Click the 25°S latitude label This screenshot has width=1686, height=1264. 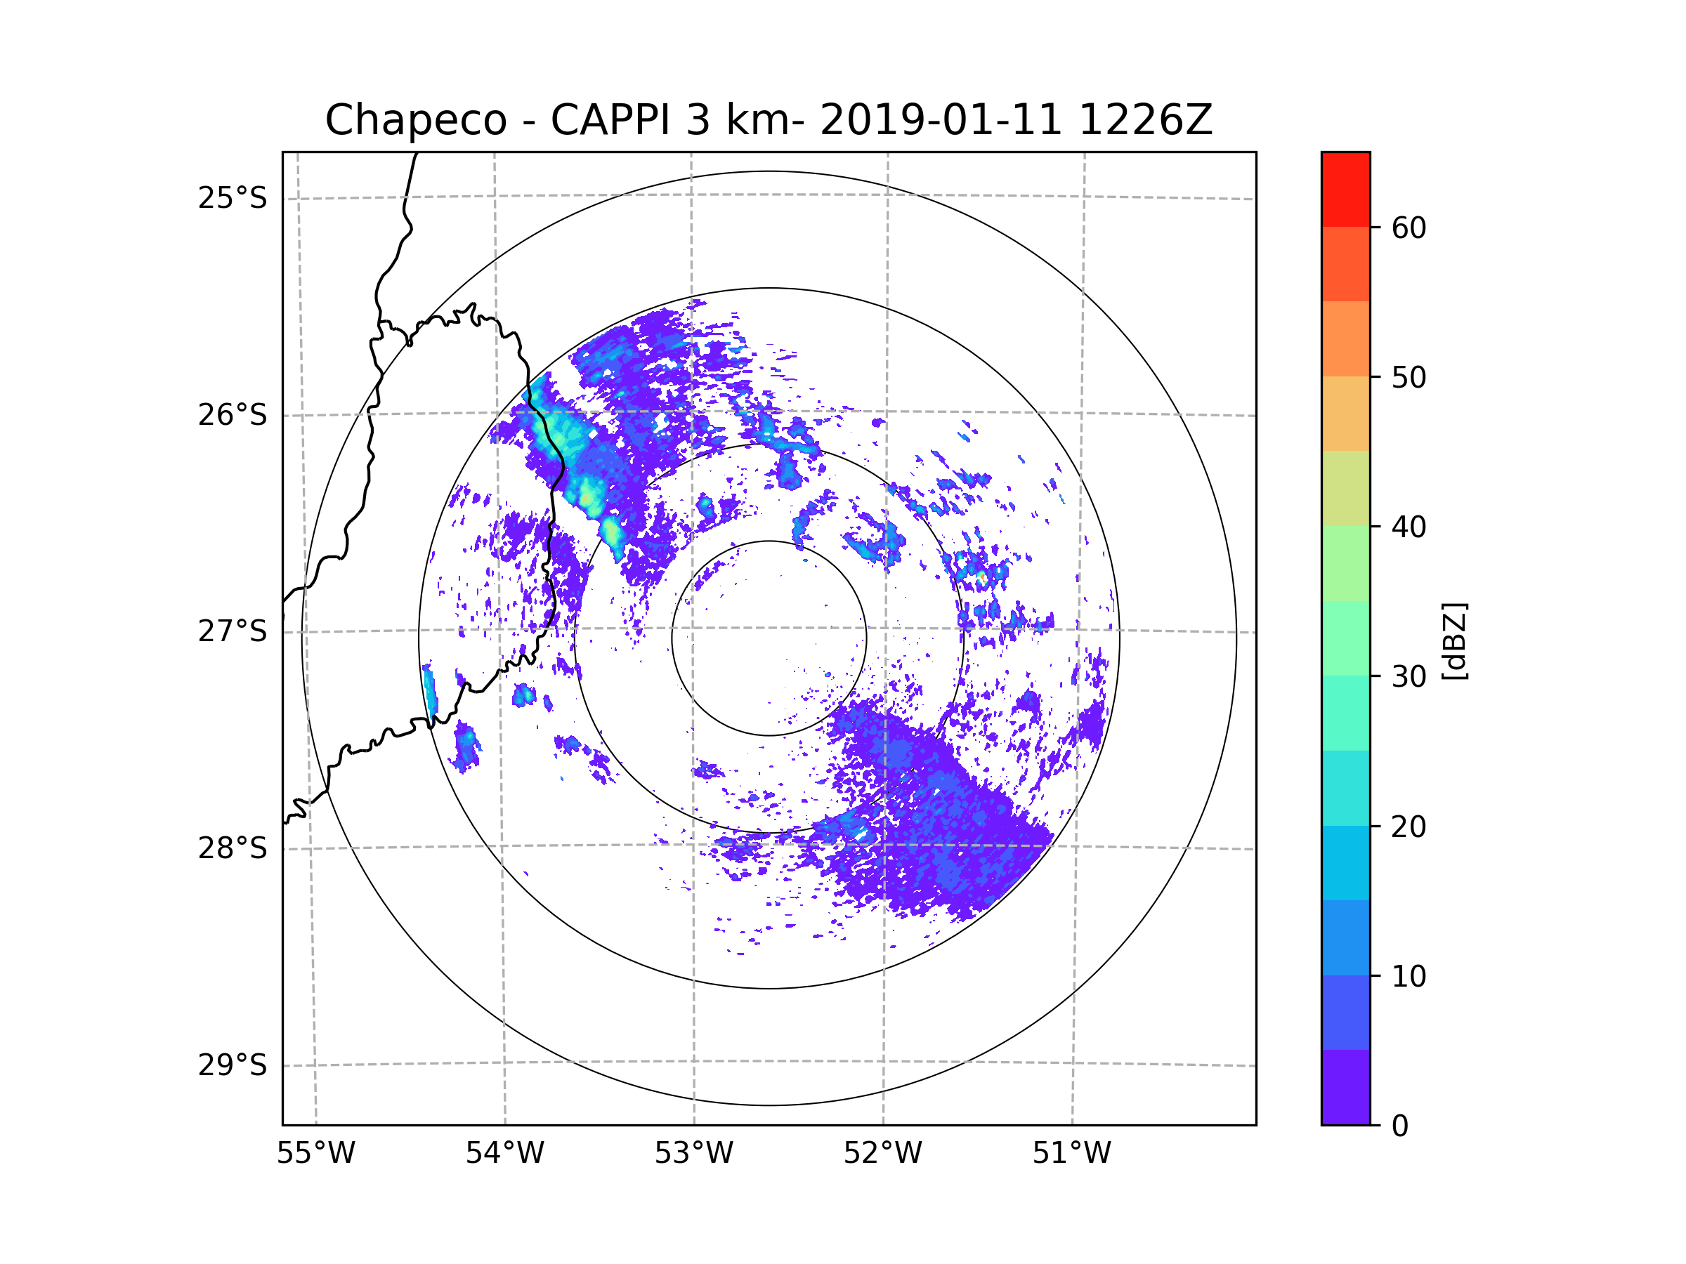(233, 198)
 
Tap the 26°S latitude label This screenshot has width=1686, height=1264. (233, 415)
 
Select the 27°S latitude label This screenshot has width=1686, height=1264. (233, 631)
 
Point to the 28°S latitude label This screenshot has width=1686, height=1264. (233, 848)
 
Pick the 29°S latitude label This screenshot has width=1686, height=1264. (233, 1065)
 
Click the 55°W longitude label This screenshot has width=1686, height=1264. (315, 1154)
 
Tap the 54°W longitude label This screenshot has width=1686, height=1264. (504, 1154)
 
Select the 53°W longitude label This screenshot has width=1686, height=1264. (693, 1154)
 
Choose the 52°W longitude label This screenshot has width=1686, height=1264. (882, 1154)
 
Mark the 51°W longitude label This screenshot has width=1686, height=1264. (1071, 1154)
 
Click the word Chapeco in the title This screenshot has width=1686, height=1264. (415, 120)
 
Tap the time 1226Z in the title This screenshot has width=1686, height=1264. (1145, 120)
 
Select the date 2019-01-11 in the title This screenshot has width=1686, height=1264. (941, 120)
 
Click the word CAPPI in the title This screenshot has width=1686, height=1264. (610, 120)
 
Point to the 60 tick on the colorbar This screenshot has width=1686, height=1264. (1409, 228)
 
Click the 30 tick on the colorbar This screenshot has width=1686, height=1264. (1409, 676)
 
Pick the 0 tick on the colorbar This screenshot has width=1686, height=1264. (1400, 1126)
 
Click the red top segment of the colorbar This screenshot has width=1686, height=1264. (1345, 189)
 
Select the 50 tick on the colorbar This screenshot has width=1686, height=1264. (1409, 377)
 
